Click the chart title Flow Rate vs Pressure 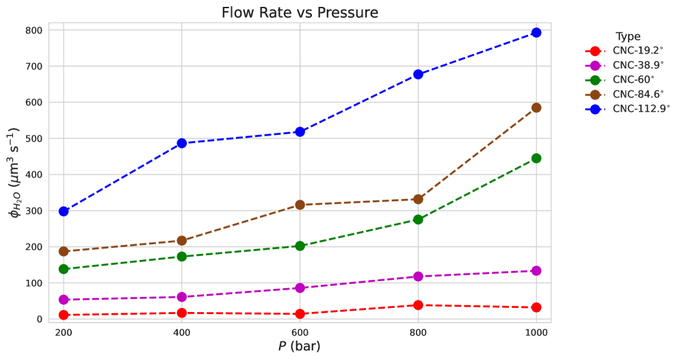(x=300, y=13)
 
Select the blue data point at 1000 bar (x=536, y=33)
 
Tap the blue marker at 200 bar (x=64, y=211)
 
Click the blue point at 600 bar (x=300, y=131)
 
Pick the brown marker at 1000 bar (x=536, y=107)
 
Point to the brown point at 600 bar (x=300, y=205)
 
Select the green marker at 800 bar (x=418, y=219)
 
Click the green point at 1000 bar (x=536, y=158)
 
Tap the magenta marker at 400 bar (x=182, y=296)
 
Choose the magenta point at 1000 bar (x=536, y=270)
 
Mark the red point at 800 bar (x=418, y=305)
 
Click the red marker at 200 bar (x=64, y=315)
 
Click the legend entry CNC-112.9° (x=641, y=109)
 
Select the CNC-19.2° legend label (x=638, y=51)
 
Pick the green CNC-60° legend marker (x=595, y=80)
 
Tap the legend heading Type (x=627, y=36)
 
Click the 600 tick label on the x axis (x=300, y=333)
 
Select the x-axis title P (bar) (x=300, y=346)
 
